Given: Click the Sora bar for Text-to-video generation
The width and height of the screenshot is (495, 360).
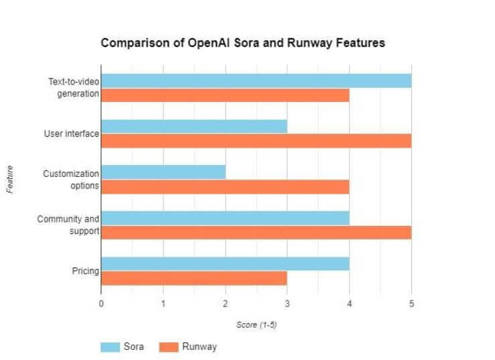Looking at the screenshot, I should tap(256, 80).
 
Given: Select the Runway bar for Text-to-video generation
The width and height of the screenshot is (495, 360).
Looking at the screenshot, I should tap(225, 95).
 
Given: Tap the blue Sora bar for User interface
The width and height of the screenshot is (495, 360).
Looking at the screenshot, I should tap(194, 126).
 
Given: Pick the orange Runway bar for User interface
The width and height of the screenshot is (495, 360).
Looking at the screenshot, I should tap(256, 141).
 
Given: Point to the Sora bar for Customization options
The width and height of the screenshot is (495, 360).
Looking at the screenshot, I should tap(163, 172).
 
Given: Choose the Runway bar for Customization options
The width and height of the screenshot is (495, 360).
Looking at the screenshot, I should tap(225, 186).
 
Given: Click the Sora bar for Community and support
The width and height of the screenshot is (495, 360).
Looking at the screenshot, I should tap(225, 218).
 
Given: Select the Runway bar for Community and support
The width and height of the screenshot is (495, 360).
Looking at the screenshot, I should tap(256, 232).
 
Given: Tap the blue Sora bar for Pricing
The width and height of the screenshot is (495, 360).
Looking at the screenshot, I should tap(225, 263).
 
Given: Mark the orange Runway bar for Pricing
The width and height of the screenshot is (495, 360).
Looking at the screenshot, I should tap(194, 278).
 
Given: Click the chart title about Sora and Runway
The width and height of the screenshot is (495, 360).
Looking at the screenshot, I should tap(242, 43).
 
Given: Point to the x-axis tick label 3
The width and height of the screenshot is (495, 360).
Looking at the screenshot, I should tap(287, 303).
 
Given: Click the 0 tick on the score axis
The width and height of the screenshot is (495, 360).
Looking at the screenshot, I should tap(101, 303).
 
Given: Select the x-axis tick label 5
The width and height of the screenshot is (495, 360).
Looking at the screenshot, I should tap(411, 303).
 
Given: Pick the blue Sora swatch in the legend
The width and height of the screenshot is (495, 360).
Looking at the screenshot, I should tap(110, 347).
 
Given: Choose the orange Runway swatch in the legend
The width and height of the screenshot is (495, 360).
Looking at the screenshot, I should tap(169, 347).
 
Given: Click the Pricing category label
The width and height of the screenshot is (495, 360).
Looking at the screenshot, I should tap(85, 271).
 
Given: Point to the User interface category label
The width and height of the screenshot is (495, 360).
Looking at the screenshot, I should tap(71, 133).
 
